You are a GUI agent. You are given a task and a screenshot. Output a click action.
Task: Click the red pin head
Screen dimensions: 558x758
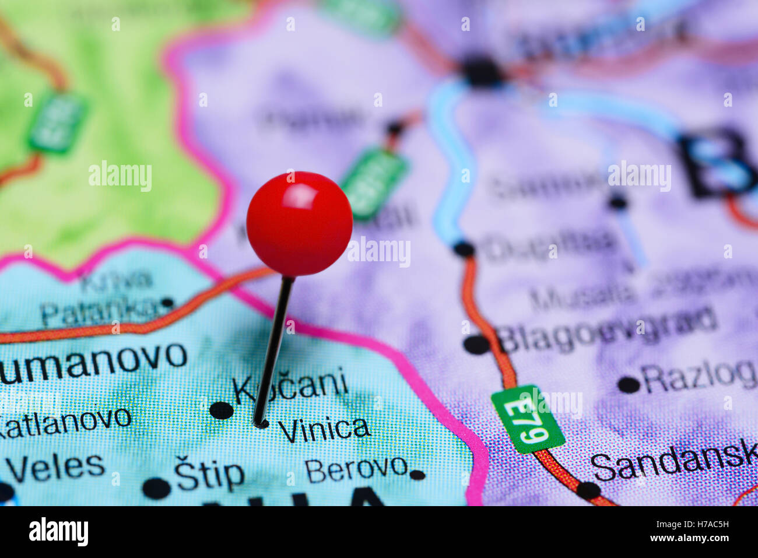pos(299,223)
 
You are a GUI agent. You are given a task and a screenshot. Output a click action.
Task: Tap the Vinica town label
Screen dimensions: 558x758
pos(324,429)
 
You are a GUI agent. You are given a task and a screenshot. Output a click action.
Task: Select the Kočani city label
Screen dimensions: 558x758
pos(290,386)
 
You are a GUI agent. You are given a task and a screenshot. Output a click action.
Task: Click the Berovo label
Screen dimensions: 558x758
pos(356,468)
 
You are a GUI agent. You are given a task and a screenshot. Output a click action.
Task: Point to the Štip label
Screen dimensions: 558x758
pos(209,476)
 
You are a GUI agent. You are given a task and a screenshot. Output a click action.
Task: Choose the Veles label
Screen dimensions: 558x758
pos(55,467)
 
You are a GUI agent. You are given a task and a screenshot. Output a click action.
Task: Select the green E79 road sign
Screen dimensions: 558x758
pos(528,419)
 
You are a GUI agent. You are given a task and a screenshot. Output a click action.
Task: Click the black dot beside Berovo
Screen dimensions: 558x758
pos(417,475)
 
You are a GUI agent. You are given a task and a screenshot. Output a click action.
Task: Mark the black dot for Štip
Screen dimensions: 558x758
pos(156,488)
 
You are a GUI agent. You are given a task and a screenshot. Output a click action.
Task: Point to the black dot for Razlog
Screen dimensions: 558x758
pos(628,384)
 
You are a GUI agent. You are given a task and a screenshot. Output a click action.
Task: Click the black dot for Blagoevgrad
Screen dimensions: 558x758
pos(477,345)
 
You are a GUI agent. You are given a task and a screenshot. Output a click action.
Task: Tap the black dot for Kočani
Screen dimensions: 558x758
pos(222,410)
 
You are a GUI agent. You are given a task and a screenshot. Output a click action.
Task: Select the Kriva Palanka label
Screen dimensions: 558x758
pos(105,299)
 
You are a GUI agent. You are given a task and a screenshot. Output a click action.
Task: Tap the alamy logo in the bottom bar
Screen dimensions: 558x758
pos(58,532)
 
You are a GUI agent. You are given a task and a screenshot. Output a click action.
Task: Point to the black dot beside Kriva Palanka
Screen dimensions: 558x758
pos(167,303)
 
